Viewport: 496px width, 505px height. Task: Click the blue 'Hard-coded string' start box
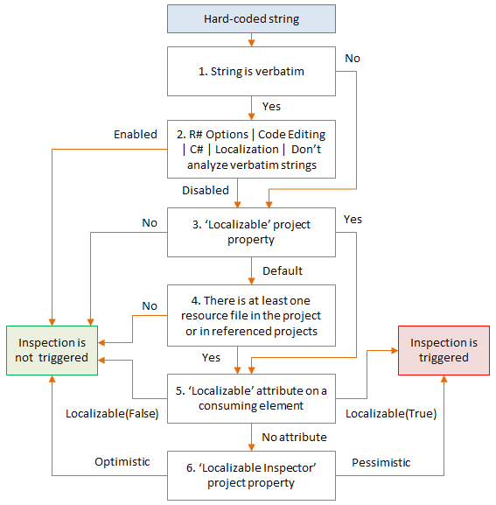251,18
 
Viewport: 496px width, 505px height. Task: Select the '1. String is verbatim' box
251,71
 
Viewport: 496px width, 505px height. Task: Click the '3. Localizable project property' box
251,232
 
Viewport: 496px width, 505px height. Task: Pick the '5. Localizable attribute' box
251,398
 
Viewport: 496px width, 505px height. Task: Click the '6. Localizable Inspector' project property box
251,475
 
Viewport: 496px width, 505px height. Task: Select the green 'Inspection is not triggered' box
52,350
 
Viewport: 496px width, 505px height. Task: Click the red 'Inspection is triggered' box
444,350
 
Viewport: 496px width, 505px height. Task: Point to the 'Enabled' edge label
135,135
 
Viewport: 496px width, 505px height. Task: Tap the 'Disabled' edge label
206,190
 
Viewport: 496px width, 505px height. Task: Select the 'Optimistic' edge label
122,461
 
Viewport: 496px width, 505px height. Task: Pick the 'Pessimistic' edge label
382,461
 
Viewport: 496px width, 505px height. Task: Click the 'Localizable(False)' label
112,413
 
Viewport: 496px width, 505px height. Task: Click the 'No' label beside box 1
352,59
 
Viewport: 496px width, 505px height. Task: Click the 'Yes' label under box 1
271,107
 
